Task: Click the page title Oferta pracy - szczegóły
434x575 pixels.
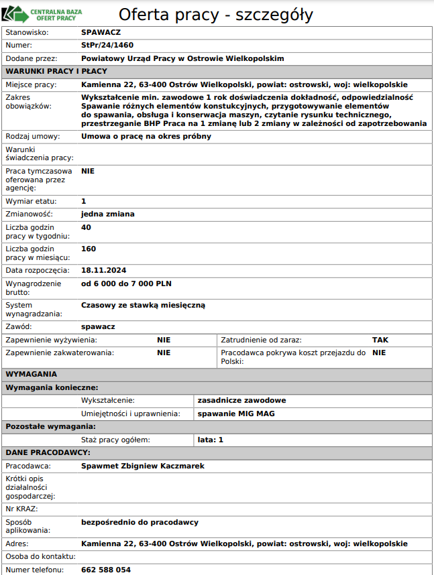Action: [x=215, y=15]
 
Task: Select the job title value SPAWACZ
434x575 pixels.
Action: [x=101, y=31]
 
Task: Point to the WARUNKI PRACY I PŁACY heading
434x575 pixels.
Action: [x=56, y=71]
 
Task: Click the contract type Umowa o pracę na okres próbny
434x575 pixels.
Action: [x=146, y=136]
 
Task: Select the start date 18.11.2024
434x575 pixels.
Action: [x=104, y=270]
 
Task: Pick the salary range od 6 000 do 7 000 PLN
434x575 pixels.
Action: [x=126, y=283]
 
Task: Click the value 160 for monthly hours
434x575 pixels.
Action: [x=89, y=249]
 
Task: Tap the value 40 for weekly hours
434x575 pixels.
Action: [x=86, y=227]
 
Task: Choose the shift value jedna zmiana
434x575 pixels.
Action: [x=108, y=214]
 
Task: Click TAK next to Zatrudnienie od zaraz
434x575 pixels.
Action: [x=380, y=340]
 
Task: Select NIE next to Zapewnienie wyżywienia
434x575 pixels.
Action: [x=164, y=340]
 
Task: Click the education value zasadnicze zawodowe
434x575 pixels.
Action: [x=242, y=400]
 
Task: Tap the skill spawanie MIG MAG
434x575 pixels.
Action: [x=236, y=413]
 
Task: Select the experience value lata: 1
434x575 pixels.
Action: [x=211, y=440]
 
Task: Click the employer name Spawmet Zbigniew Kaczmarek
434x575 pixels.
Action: [x=143, y=466]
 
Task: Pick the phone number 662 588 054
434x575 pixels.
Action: [x=106, y=570]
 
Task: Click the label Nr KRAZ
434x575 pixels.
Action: [x=21, y=509]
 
